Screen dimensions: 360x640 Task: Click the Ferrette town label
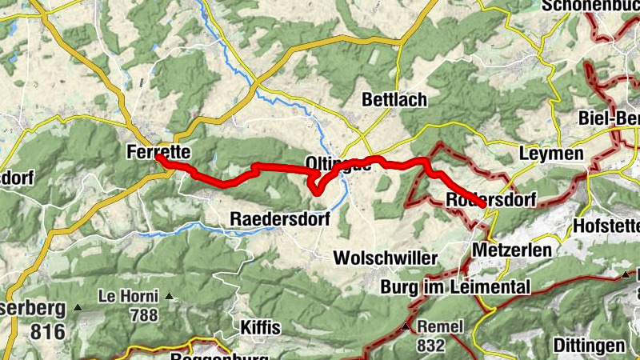pos(158,151)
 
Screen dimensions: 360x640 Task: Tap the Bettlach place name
pos(394,101)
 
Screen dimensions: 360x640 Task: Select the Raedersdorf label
pos(279,218)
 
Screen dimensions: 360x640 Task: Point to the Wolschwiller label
pos(386,258)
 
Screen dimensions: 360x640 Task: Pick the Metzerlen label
pos(512,250)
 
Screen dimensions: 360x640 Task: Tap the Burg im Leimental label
pos(456,286)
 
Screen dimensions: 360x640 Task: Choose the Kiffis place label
pos(261,328)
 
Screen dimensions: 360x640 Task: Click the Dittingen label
pos(589,346)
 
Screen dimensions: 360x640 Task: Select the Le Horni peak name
pos(128,296)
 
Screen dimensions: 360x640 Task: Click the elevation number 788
pos(144,314)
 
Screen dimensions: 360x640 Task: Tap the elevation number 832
pos(430,346)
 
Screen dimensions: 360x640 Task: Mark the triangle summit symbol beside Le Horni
pos(170,297)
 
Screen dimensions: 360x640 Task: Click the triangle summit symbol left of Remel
pos(406,328)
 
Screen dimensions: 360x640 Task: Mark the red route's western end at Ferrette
pos(158,158)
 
